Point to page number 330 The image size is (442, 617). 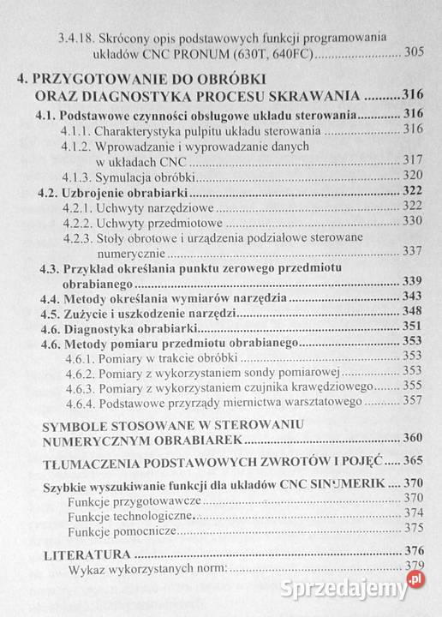[413, 222]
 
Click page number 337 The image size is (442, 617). [413, 251]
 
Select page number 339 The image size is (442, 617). [413, 282]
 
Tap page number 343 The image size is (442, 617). [413, 297]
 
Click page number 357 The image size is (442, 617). [413, 401]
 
